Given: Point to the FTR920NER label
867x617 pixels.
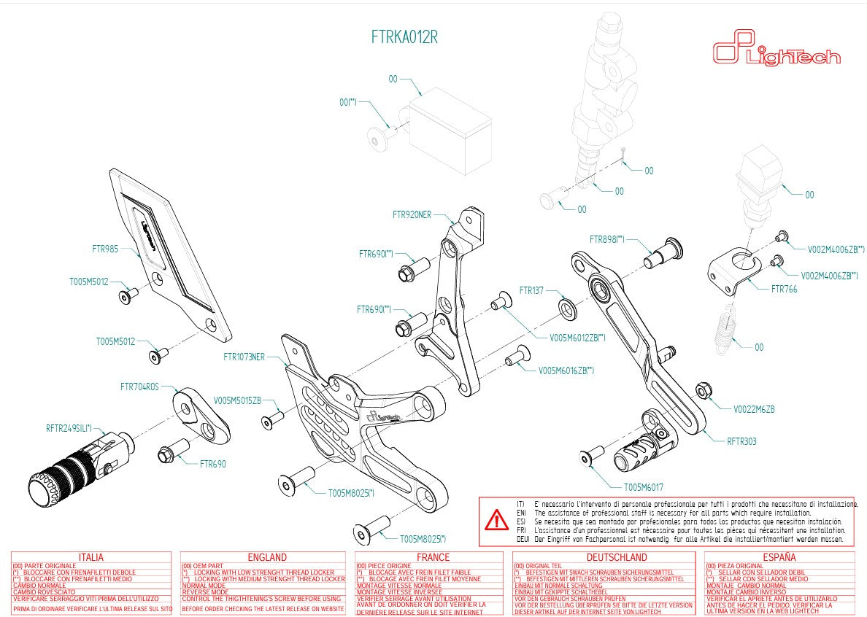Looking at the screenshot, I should coord(412,214).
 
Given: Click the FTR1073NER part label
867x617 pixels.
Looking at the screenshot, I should coord(244,357).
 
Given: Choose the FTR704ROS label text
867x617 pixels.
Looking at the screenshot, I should coord(139,387).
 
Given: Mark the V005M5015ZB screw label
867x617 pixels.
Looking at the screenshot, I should coord(236,400).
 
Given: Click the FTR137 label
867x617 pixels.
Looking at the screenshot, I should coord(532,290).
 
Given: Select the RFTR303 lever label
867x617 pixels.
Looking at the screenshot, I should coord(741,441).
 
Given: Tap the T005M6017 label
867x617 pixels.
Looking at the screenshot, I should coord(643,487).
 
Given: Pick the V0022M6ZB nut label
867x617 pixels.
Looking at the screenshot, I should coord(754,409).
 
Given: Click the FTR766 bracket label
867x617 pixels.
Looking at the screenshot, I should coord(784,289).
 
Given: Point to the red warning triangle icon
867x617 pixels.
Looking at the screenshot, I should coord(497,520).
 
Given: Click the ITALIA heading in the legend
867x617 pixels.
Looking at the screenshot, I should coord(90,557).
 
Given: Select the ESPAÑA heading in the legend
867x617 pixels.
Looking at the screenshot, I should coord(779,557).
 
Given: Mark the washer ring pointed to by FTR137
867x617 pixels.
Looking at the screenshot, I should coord(568,307).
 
